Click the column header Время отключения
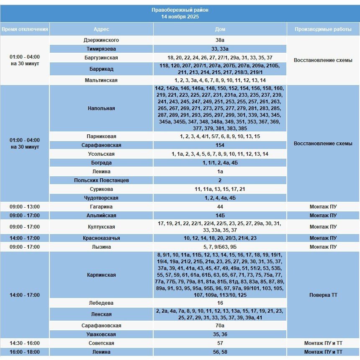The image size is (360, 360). [25, 29]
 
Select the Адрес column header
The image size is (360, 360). [101, 29]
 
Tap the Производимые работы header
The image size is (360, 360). [323, 29]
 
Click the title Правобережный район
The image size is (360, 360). [180, 10]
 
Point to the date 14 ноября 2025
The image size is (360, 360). [180, 17]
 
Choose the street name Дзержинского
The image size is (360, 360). [101, 40]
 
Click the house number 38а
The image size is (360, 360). [220, 40]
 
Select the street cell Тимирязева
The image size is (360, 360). [101, 49]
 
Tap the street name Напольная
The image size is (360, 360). [101, 108]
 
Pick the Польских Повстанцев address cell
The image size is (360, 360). [101, 180]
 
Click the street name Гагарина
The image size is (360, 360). [101, 207]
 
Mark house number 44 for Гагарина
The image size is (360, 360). [220, 207]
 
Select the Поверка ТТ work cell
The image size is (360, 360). [323, 295]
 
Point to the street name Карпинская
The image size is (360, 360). [101, 275]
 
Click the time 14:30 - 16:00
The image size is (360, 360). [25, 343]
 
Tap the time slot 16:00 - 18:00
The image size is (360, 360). [25, 352]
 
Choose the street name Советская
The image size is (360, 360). [101, 343]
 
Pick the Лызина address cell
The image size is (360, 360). [101, 247]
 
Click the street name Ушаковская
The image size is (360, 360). [101, 334]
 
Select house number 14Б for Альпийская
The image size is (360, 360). [220, 216]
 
